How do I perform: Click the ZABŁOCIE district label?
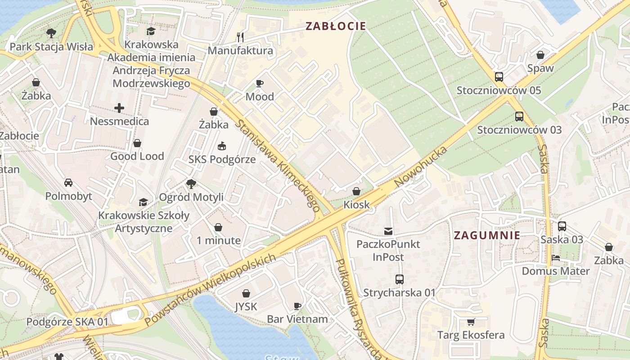[335, 26]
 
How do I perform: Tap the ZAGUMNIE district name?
[487, 235]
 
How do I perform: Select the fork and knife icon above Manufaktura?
[240, 37]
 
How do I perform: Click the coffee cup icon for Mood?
[260, 83]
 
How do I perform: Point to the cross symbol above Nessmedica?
[119, 108]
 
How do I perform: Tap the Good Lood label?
[137, 156]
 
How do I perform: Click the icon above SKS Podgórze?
[222, 146]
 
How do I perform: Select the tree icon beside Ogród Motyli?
[191, 184]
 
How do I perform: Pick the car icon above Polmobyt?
[68, 183]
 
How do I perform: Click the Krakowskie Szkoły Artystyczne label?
[144, 222]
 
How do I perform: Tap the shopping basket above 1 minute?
[218, 227]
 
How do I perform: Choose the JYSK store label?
[246, 307]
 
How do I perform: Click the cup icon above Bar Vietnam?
[297, 306]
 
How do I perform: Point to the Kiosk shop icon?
[356, 191]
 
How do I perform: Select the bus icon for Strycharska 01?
[399, 279]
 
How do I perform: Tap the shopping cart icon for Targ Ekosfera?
[471, 322]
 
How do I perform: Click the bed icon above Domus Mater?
[556, 258]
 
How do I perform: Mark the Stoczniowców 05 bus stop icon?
[499, 77]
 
